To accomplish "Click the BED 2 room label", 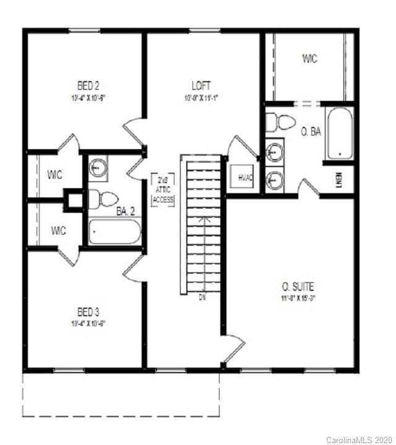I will [87, 85].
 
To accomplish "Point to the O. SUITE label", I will [298, 287].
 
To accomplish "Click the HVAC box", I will [242, 178].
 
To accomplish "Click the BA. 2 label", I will [127, 211].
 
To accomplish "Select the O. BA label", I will [311, 132].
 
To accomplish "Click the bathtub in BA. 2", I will [114, 232].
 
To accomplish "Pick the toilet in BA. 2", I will [103, 199].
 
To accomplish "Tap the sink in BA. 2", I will [98, 166].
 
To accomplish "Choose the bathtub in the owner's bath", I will [339, 133].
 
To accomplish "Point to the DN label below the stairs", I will [202, 298].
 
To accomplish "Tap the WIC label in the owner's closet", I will [310, 59].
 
